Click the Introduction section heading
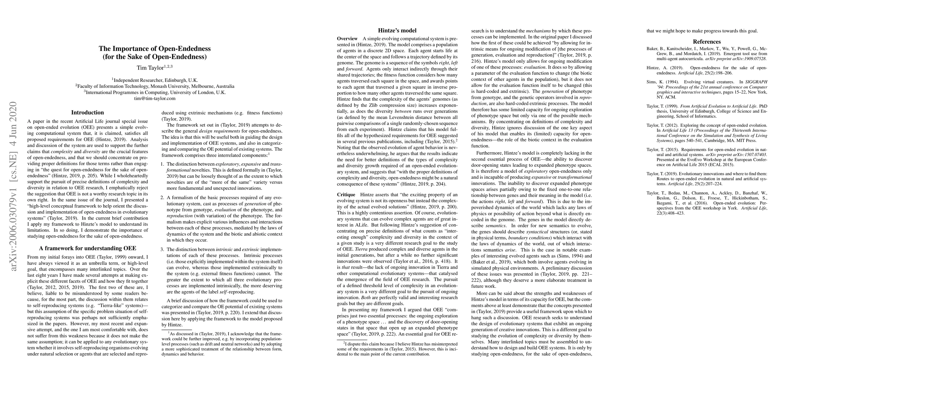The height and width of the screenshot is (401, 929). click(x=87, y=113)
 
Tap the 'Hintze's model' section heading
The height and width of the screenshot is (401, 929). click(x=397, y=31)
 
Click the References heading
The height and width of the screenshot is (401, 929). click(x=707, y=41)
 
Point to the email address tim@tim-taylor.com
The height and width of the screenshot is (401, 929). click(x=155, y=98)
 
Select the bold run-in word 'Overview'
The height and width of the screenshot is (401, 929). click(x=347, y=38)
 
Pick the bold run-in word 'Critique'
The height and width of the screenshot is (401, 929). click(x=346, y=195)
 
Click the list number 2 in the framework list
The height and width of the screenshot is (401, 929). click(x=163, y=197)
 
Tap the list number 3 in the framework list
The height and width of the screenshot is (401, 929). click(x=163, y=250)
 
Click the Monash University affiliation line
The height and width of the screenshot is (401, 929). click(x=155, y=86)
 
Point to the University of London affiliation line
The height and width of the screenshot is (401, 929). click(x=155, y=92)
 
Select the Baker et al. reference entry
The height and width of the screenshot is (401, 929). click(x=707, y=53)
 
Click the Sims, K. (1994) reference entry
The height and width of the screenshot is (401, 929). click(x=707, y=90)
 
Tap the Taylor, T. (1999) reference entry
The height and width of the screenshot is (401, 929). click(x=707, y=111)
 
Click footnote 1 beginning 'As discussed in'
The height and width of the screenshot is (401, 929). click(x=222, y=344)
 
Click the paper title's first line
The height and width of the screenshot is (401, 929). click(x=155, y=49)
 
